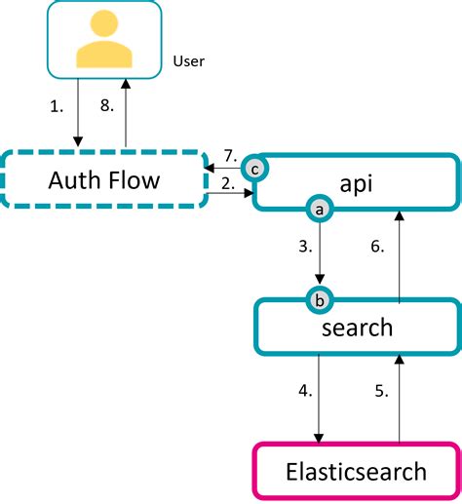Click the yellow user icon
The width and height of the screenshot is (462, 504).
click(x=103, y=42)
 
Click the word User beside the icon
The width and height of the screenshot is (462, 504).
click(x=188, y=62)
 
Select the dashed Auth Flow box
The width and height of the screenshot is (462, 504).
click(x=104, y=179)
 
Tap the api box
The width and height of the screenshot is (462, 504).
click(x=358, y=181)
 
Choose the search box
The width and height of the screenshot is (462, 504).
click(x=357, y=327)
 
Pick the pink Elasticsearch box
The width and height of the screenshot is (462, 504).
click(x=356, y=472)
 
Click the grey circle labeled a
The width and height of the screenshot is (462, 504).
click(x=318, y=208)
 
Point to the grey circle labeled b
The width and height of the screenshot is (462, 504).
click(x=318, y=300)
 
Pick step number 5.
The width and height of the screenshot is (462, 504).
click(x=381, y=393)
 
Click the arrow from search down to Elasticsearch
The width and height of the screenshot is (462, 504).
click(x=319, y=399)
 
